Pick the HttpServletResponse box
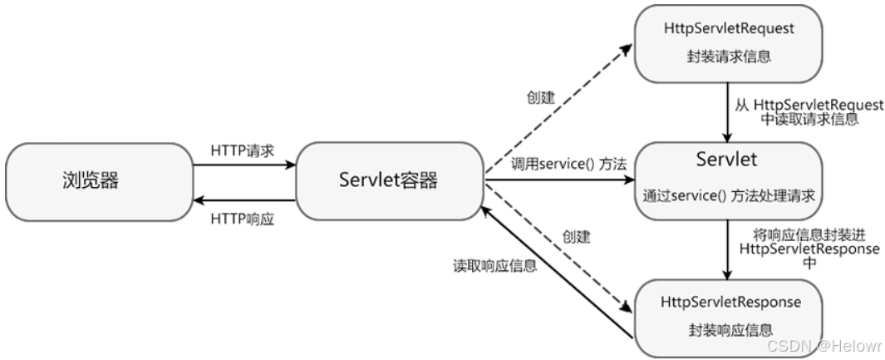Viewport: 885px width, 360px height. [x=729, y=315]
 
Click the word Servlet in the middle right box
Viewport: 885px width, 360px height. [x=728, y=159]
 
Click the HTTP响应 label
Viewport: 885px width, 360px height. [x=243, y=218]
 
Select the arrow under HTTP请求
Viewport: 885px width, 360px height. [x=243, y=165]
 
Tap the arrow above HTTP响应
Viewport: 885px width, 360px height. [x=243, y=200]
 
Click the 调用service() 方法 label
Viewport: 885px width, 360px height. [x=556, y=164]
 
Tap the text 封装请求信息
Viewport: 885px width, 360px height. [x=729, y=57]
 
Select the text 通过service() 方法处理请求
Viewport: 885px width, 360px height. [x=728, y=197]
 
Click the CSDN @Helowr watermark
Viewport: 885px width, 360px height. [x=823, y=345]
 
